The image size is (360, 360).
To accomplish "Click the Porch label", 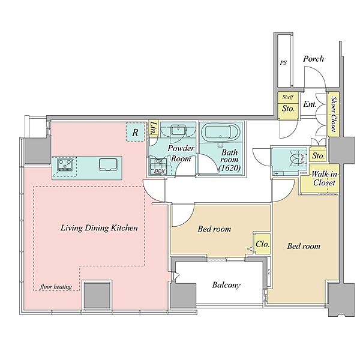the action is [x=313, y=59].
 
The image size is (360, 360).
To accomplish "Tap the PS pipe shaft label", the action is [x=283, y=62].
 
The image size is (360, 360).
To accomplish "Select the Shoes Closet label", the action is [x=334, y=114].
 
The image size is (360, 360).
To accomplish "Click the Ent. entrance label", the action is [x=310, y=104].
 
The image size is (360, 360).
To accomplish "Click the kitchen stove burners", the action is [x=64, y=164].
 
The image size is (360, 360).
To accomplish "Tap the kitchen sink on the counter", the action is [x=107, y=165].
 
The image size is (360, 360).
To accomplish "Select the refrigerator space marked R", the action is [x=135, y=132].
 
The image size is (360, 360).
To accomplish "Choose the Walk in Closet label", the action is [x=324, y=178].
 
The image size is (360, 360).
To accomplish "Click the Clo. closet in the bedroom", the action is [x=262, y=244].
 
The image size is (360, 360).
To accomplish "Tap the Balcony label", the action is [x=226, y=285].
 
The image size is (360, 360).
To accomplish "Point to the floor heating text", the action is [x=56, y=287].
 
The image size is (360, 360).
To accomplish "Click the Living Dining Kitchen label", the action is [x=99, y=228].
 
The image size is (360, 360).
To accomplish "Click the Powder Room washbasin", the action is [x=178, y=130].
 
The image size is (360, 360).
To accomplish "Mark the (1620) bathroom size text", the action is [x=230, y=168].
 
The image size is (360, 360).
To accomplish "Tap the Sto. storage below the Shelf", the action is [x=288, y=109].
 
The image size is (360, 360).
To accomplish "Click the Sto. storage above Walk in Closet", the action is [x=318, y=156].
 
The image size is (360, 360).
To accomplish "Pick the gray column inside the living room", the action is [x=97, y=295].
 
